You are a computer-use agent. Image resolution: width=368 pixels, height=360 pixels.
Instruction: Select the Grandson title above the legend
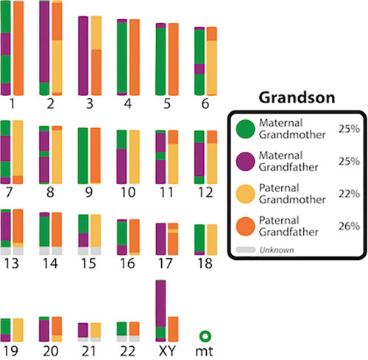point(296,96)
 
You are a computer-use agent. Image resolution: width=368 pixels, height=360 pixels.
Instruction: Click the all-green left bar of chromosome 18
point(199,237)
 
